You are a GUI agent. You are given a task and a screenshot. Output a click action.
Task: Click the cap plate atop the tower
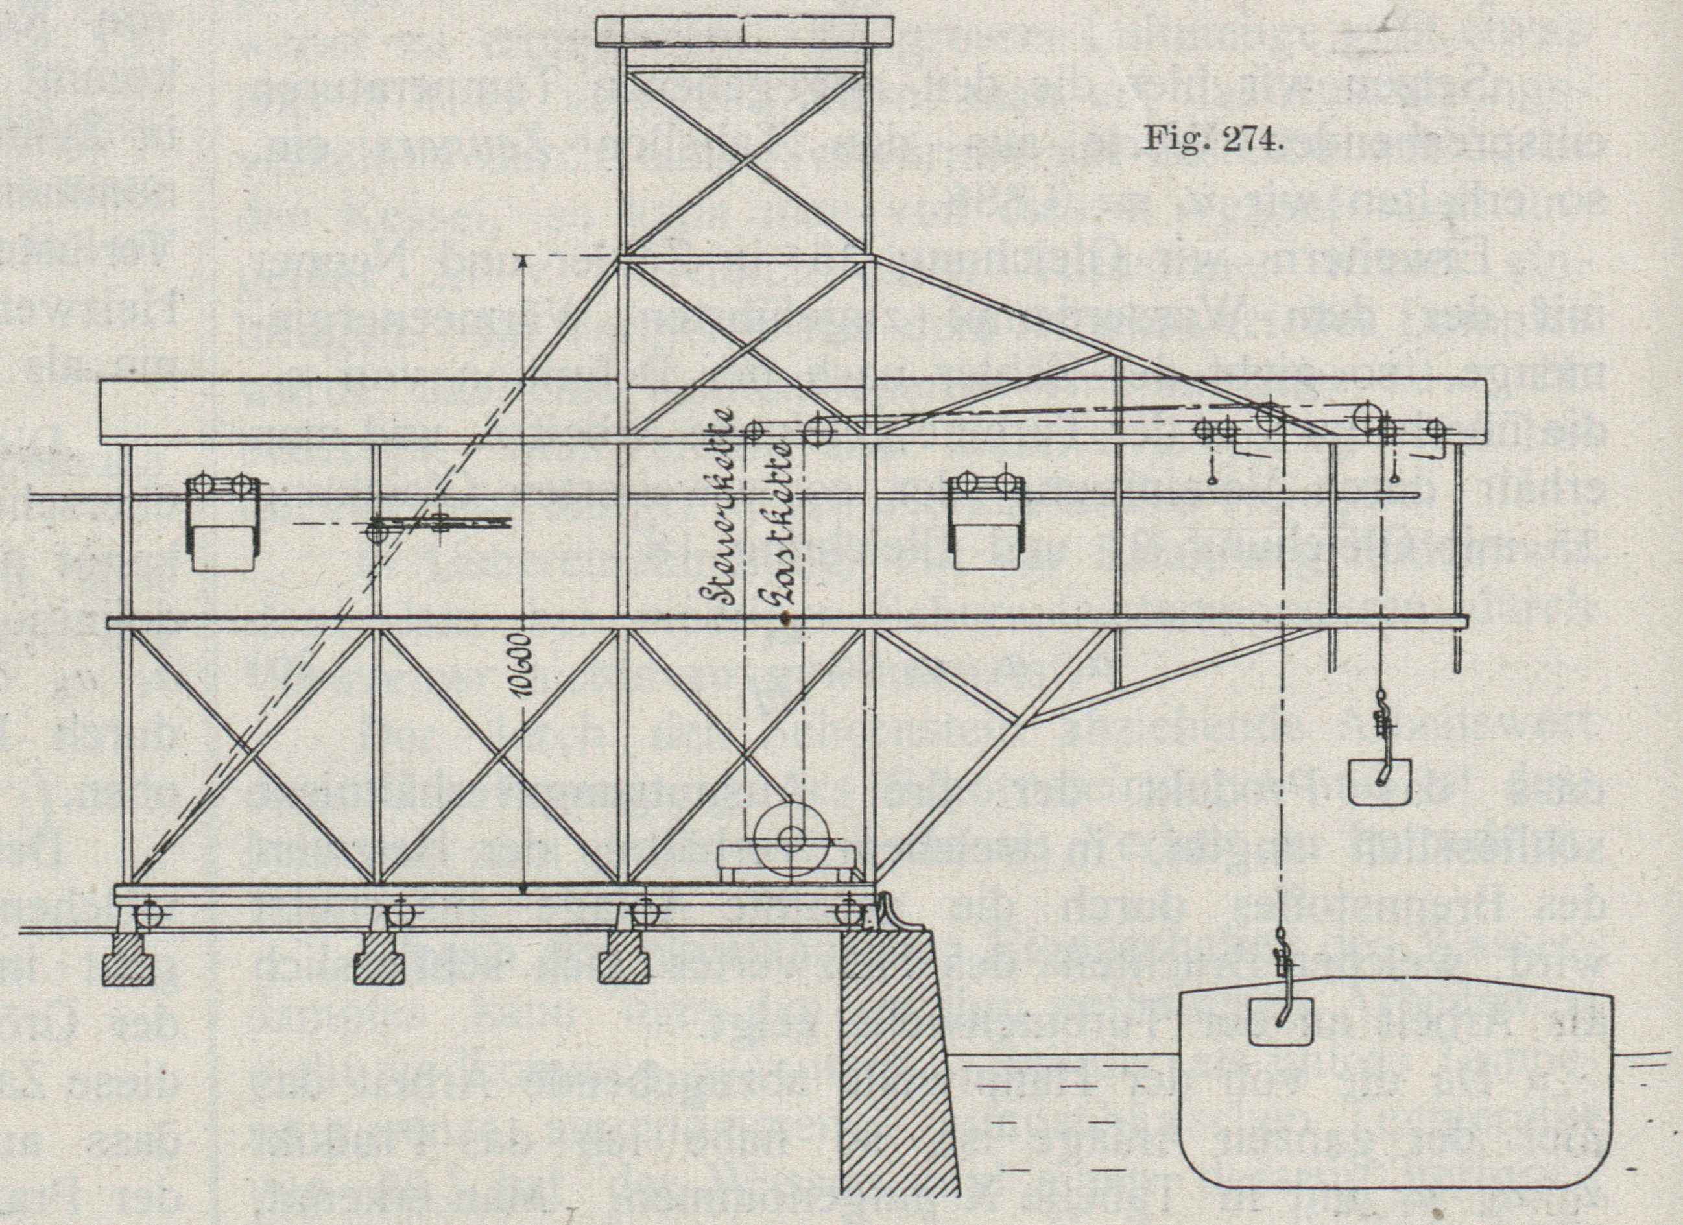pyautogui.click(x=745, y=30)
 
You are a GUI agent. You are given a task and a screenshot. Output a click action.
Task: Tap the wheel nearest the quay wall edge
pyautogui.click(x=848, y=912)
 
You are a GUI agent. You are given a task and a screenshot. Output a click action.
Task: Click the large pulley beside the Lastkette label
pyautogui.click(x=818, y=431)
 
